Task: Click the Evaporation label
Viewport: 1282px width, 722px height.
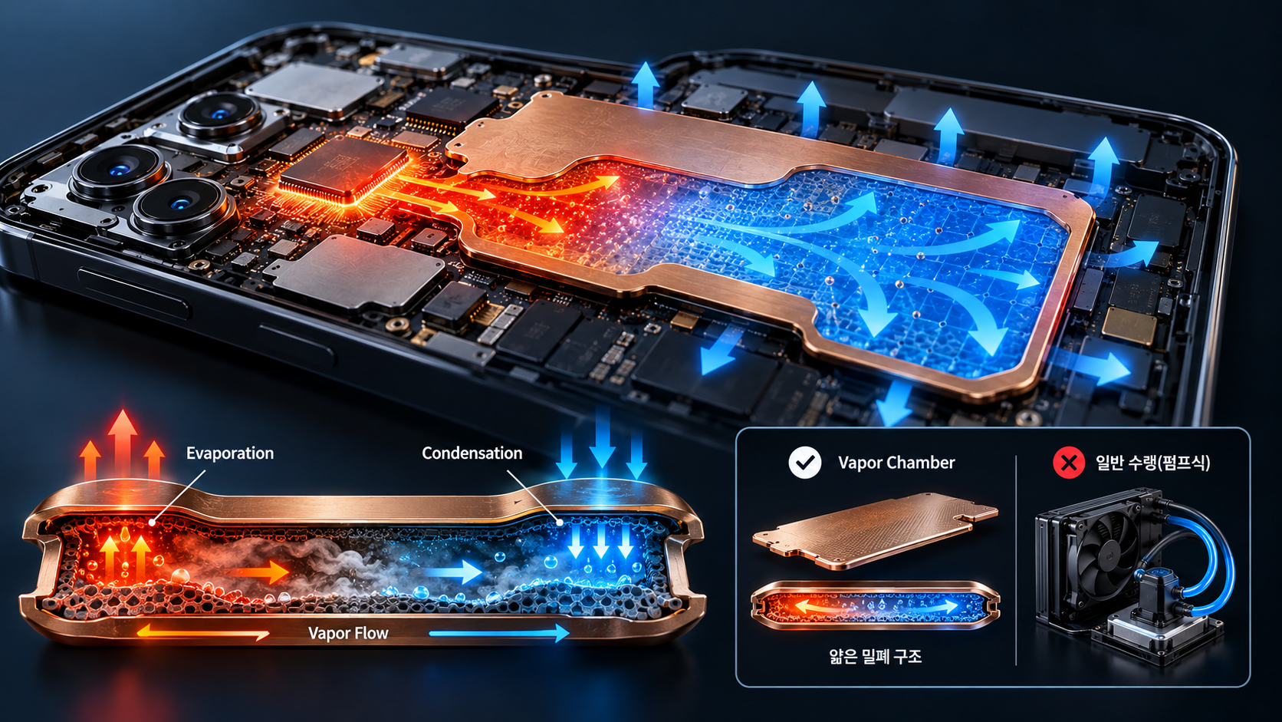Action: (230, 453)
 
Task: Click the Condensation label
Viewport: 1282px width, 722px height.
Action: (472, 453)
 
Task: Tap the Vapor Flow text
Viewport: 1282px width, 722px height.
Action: (348, 633)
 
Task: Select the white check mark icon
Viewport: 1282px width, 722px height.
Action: (804, 462)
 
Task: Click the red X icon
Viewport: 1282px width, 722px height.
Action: (1069, 462)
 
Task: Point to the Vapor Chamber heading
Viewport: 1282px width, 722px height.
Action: (896, 463)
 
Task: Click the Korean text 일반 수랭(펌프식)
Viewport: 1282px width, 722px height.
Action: (1152, 463)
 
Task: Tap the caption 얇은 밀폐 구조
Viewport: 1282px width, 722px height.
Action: (876, 656)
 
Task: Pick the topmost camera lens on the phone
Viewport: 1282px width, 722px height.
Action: (220, 115)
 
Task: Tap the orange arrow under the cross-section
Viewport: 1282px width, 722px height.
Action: (203, 632)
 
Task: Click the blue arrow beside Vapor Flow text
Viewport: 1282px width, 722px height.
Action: (498, 633)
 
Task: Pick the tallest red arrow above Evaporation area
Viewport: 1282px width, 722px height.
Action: (123, 443)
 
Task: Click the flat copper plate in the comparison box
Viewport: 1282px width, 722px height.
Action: (875, 530)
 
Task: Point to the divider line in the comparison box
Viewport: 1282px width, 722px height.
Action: (1016, 560)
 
